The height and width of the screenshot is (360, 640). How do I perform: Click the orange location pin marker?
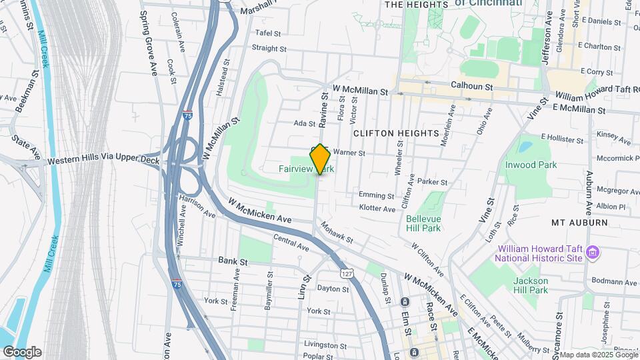tap(320, 159)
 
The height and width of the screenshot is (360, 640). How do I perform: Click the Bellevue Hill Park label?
tap(423, 223)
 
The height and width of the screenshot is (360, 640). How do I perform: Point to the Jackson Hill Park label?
tap(531, 285)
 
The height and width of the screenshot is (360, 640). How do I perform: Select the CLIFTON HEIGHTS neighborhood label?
tap(395, 133)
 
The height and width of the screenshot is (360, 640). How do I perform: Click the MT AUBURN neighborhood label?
tap(579, 222)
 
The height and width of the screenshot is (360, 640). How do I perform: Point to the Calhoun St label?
tap(471, 86)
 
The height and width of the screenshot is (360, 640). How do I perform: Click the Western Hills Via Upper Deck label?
tap(103, 161)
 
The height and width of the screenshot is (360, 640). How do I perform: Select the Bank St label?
tap(233, 262)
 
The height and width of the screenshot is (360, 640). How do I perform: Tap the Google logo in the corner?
tap(22, 352)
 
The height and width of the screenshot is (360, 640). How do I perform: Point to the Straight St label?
tap(269, 49)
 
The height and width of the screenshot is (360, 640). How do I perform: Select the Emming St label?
tap(377, 195)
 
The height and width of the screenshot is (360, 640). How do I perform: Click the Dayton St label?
tap(333, 289)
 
